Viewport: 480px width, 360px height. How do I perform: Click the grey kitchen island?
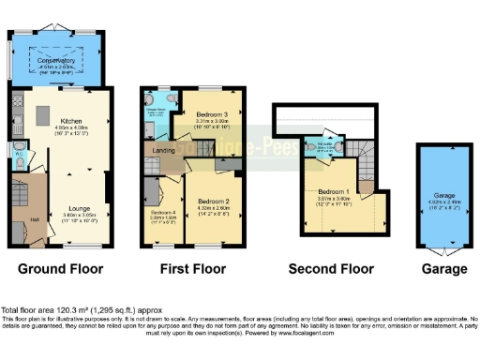pos(41,115)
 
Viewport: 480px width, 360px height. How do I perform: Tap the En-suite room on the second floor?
pos(315,146)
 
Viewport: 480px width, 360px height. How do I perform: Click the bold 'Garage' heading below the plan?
pos(443,268)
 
